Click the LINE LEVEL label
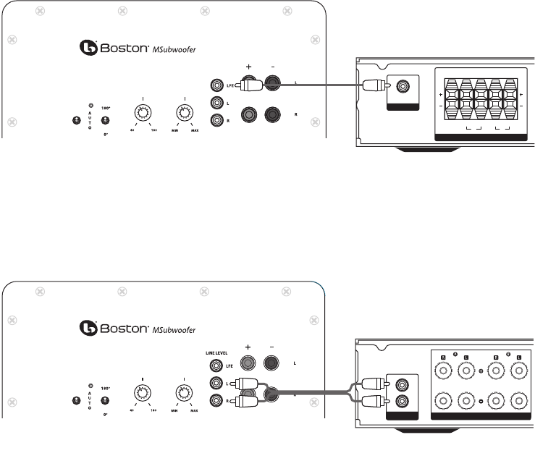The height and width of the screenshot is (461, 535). point(216,353)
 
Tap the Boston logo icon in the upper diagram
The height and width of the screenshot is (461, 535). point(88,48)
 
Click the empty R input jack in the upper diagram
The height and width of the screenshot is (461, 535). point(215,121)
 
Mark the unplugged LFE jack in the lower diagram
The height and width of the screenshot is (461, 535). point(215,367)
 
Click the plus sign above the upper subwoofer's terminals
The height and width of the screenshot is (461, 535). point(248,66)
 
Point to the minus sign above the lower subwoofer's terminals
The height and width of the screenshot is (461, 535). point(273,347)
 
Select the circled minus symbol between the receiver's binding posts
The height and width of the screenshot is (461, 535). point(481,400)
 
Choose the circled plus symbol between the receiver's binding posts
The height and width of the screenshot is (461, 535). point(481,372)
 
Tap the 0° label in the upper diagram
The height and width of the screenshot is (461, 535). point(106,135)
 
